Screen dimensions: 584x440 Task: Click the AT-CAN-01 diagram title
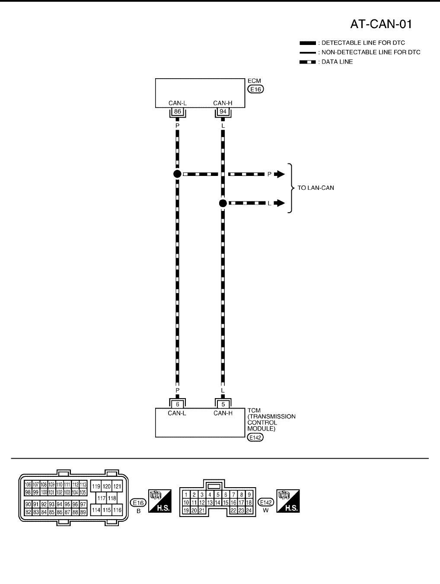click(381, 24)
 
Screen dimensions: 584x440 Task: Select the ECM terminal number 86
click(177, 112)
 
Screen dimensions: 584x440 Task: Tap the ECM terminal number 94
click(223, 112)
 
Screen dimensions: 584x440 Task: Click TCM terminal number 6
click(177, 405)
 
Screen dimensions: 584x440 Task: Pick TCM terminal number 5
click(223, 405)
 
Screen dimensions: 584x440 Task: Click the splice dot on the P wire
click(177, 174)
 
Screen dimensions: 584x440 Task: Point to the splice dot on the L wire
click(223, 203)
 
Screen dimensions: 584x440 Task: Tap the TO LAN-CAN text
click(316, 188)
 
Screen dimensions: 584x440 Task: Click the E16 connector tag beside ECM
click(255, 89)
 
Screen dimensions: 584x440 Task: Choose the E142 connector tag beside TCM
click(255, 437)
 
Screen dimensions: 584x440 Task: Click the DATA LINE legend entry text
click(337, 62)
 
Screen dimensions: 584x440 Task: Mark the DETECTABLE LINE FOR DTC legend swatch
click(308, 43)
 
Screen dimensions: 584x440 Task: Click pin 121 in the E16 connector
click(118, 486)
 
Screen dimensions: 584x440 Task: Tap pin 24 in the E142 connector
click(249, 511)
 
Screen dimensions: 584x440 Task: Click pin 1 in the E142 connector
click(186, 495)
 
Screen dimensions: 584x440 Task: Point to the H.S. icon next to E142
click(288, 501)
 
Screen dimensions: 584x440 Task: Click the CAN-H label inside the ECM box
click(223, 103)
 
